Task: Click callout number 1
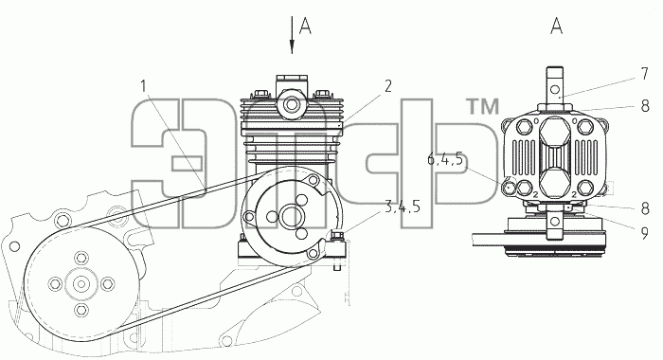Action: pyautogui.click(x=144, y=87)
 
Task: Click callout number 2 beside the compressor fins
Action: pyautogui.click(x=387, y=86)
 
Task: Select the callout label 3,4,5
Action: pyautogui.click(x=403, y=207)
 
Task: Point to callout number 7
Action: pyautogui.click(x=644, y=74)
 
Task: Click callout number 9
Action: pyautogui.click(x=644, y=233)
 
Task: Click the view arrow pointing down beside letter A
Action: pyautogui.click(x=292, y=35)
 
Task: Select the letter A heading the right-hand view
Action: pyautogui.click(x=557, y=26)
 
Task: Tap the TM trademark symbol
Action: pyautogui.click(x=482, y=106)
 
